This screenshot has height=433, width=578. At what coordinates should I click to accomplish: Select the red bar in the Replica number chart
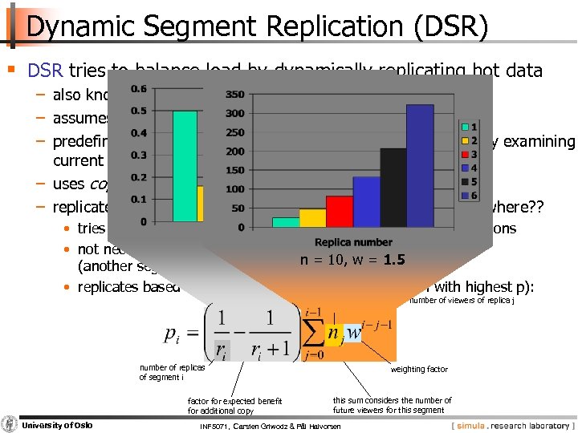[339, 208]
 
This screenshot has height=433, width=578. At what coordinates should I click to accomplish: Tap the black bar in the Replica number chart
[393, 184]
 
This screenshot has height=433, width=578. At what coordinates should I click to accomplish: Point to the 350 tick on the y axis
[234, 95]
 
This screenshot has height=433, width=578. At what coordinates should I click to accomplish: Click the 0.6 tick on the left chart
[139, 89]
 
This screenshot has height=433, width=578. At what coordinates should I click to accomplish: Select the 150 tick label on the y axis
[234, 171]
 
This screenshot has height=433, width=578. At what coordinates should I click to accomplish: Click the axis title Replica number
[353, 242]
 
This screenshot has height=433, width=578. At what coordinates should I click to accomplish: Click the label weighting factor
[420, 370]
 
